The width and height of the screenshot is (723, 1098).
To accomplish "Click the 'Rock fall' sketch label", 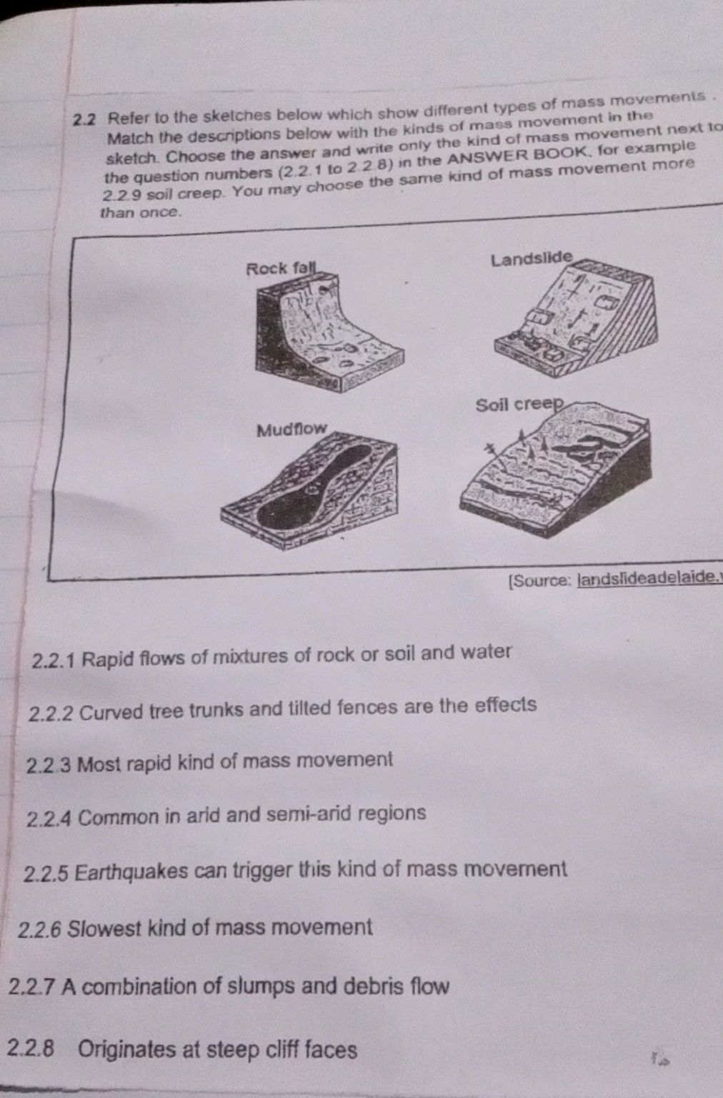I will click(x=280, y=269).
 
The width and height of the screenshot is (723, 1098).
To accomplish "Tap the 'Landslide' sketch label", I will click(x=532, y=258).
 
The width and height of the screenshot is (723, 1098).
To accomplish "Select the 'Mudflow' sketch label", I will click(x=291, y=430).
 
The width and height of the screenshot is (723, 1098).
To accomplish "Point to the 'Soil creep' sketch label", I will click(x=519, y=405).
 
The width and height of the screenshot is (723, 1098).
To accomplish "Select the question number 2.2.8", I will click(x=31, y=1049).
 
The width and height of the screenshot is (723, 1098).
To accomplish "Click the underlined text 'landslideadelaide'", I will click(x=647, y=577).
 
